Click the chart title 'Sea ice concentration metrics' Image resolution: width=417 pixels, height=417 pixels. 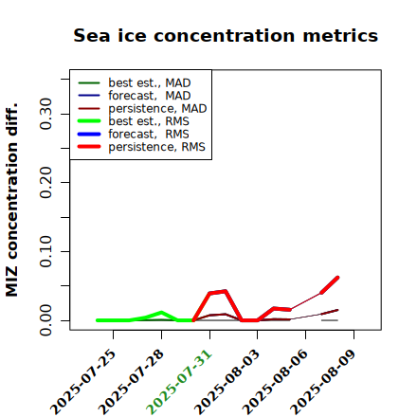(226, 35)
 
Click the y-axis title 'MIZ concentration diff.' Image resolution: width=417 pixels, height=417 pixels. (11, 200)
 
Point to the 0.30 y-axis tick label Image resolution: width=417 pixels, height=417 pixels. (46, 114)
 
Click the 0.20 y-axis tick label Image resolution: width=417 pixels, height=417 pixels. (46, 183)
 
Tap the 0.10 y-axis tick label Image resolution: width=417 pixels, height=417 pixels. (46, 251)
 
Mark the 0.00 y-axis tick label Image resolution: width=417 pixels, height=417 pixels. (46, 320)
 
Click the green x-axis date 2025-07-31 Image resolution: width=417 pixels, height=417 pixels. (179, 382)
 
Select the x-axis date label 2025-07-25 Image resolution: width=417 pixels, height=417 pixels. (82, 382)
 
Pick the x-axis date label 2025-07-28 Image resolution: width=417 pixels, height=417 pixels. (131, 382)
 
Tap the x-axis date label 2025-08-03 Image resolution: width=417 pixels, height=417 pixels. (227, 382)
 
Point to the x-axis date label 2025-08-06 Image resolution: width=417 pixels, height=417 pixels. (275, 382)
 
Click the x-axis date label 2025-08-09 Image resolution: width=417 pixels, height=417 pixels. (323, 382)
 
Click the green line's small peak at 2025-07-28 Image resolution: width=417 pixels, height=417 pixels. (161, 313)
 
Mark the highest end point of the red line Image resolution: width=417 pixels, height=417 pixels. (337, 278)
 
